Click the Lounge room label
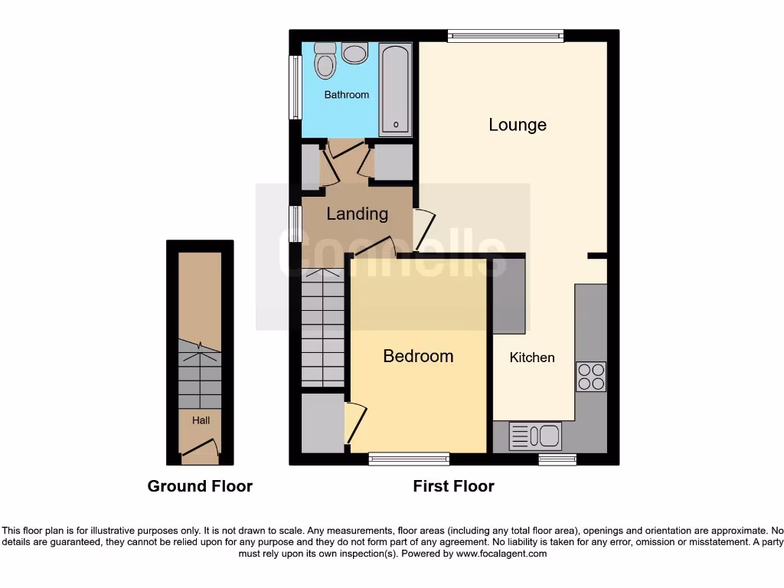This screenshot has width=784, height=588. (518, 125)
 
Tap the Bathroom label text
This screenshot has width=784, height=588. (346, 95)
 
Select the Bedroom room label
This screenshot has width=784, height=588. (418, 356)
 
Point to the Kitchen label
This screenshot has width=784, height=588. (532, 358)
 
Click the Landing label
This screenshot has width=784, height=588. (357, 214)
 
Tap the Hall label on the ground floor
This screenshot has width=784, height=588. (201, 420)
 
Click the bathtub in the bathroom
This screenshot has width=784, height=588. (396, 90)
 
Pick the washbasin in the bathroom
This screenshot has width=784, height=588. (354, 53)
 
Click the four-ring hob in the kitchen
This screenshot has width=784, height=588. (591, 377)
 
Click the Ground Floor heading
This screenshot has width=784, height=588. (200, 486)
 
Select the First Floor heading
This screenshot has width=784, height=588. (453, 486)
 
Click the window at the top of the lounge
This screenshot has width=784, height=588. (505, 34)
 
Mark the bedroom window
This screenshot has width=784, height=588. (408, 459)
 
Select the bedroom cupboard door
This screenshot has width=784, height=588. (353, 423)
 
